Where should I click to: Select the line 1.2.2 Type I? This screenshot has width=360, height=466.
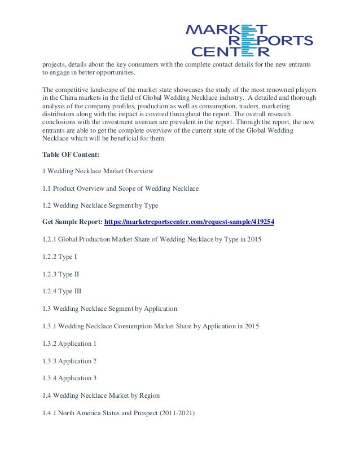pyautogui.click(x=60, y=257)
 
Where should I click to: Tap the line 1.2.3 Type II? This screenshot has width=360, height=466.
pyautogui.click(x=61, y=274)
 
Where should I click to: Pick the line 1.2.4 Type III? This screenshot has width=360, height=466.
pyautogui.click(x=62, y=292)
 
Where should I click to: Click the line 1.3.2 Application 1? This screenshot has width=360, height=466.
pyautogui.click(x=69, y=344)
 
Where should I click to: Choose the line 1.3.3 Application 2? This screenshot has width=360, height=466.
pyautogui.click(x=69, y=361)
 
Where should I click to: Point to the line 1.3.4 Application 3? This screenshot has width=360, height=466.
pyautogui.click(x=69, y=378)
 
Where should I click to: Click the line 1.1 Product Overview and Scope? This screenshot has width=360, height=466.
pyautogui.click(x=120, y=188)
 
